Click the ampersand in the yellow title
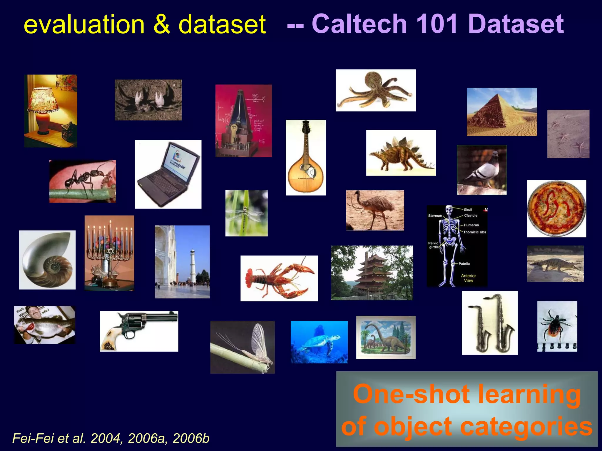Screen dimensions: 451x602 [x=161, y=24]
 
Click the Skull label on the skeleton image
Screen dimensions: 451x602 [x=468, y=210]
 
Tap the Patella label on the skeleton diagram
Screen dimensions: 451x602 [x=464, y=264]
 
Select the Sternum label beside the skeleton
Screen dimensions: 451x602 [x=435, y=216]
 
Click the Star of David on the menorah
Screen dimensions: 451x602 [x=111, y=252]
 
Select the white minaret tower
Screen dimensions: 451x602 [x=193, y=266]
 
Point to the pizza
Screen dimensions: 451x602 [x=556, y=209]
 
